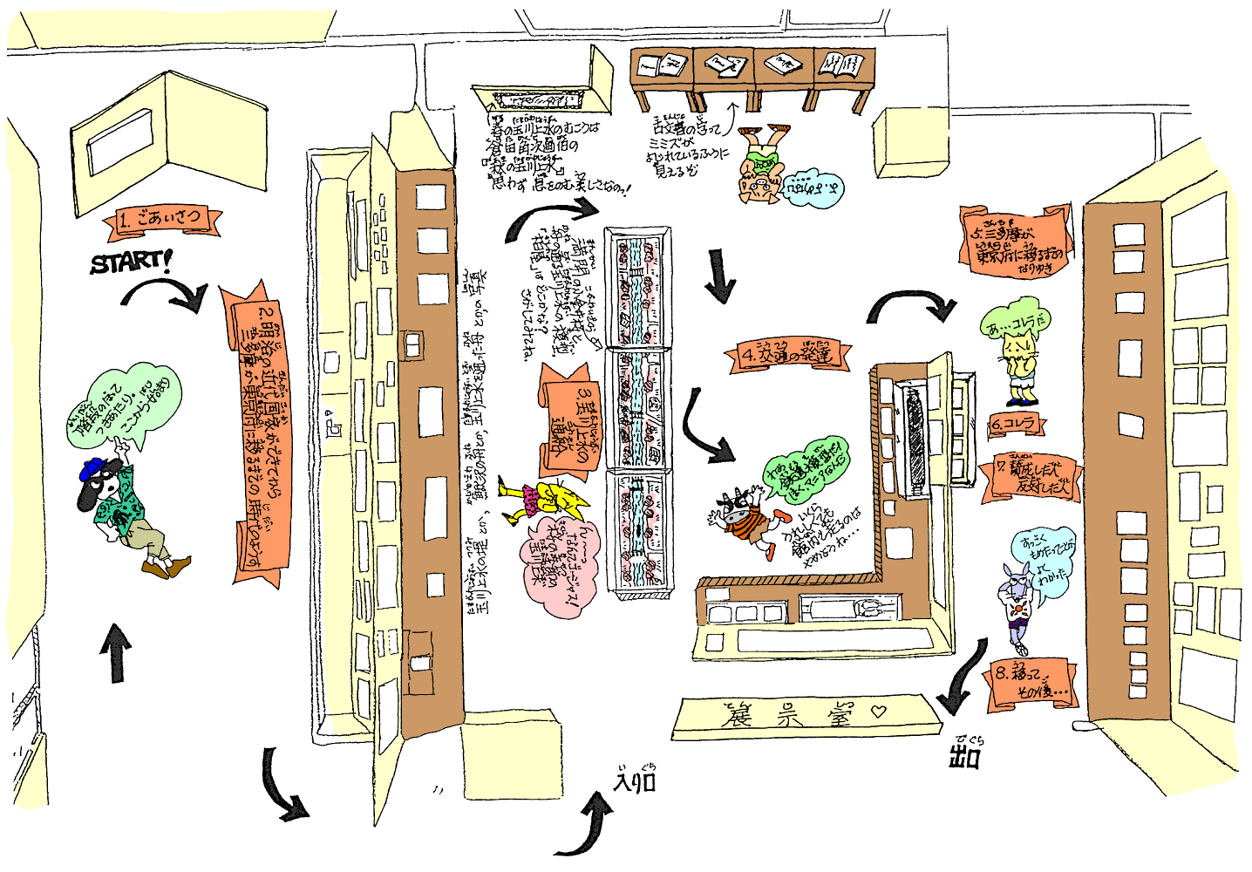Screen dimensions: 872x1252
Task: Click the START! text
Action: point(131,261)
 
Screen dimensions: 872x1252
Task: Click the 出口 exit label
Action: point(965,754)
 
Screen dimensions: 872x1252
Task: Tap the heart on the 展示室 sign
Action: point(878,712)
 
